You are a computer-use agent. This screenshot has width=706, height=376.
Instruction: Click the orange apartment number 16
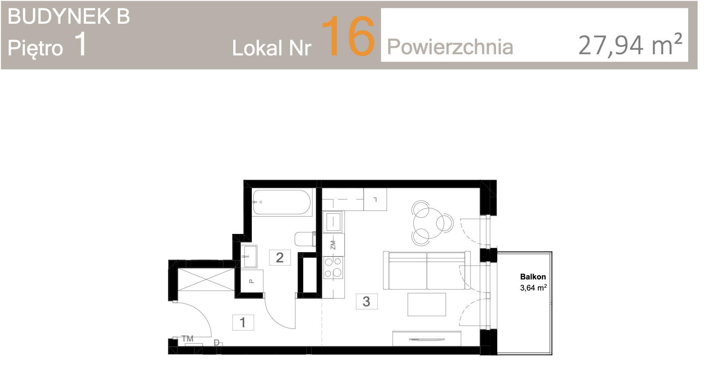[x=348, y=36]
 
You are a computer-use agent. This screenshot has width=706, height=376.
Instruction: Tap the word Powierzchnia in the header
[x=450, y=47]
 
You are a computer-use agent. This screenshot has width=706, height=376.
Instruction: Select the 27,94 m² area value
[x=630, y=44]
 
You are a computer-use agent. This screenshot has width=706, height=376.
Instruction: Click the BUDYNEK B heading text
[x=69, y=17]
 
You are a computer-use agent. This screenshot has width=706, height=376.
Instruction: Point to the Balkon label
[x=533, y=277]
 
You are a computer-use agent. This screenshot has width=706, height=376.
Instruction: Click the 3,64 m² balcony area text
[x=533, y=288]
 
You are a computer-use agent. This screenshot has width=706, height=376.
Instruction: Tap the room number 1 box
[x=243, y=322]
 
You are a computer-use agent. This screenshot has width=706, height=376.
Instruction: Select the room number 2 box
[x=280, y=257]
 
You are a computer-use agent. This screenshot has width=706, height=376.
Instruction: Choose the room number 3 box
[x=366, y=301]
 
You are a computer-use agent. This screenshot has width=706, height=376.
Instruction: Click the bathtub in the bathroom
[x=282, y=202]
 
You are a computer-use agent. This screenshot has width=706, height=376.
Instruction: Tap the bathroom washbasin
[x=249, y=256]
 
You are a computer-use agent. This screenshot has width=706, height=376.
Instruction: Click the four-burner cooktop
[x=333, y=268]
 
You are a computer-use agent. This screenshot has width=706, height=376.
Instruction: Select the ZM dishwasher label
[x=333, y=245]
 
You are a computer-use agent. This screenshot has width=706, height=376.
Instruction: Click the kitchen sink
[x=332, y=222]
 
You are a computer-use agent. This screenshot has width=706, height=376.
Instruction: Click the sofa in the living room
[x=427, y=270]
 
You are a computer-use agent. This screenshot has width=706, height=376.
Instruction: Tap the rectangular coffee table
[x=427, y=304]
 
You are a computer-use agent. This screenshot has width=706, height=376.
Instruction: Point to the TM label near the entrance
[x=187, y=339]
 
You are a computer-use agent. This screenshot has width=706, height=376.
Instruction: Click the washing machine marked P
[x=252, y=281]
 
